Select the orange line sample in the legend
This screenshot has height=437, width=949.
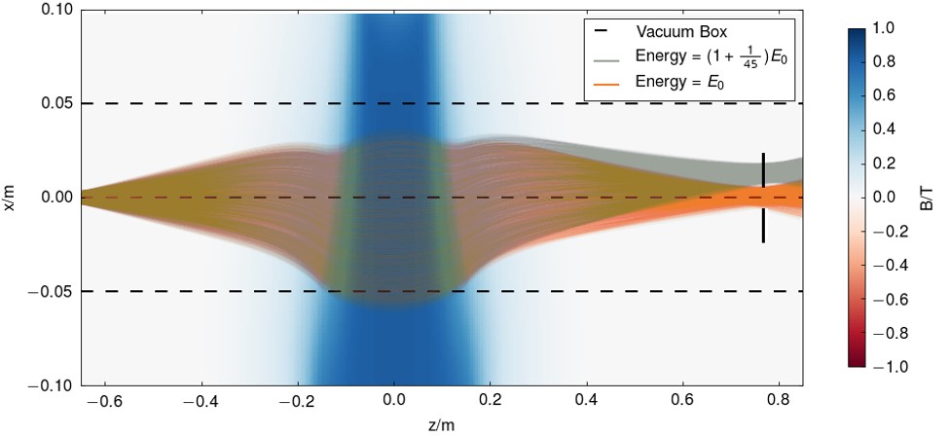pyautogui.click(x=604, y=85)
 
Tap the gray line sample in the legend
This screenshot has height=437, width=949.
pyautogui.click(x=604, y=57)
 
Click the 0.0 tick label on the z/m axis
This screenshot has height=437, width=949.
pyautogui.click(x=394, y=401)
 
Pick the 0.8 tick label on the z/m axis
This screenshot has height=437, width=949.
pyautogui.click(x=780, y=401)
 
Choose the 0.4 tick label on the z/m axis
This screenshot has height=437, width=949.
pyautogui.click(x=587, y=401)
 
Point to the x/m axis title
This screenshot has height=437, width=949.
pyautogui.click(x=10, y=199)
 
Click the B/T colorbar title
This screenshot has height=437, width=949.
pyautogui.click(x=927, y=199)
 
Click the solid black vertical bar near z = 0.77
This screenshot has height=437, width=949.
pyautogui.click(x=763, y=198)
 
